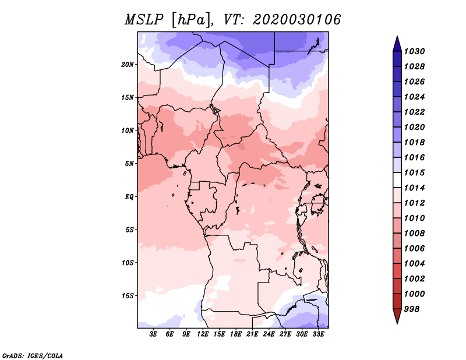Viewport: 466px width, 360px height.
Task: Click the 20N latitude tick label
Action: [128, 65]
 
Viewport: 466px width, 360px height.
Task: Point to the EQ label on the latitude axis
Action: [129, 197]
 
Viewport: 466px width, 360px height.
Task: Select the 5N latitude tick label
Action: [129, 164]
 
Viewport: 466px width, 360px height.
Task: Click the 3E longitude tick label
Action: [153, 334]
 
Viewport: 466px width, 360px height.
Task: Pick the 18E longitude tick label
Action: [236, 334]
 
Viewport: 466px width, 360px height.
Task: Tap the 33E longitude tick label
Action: [318, 334]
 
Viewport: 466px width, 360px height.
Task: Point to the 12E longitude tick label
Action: [203, 334]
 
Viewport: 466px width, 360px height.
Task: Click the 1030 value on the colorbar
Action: [414, 51]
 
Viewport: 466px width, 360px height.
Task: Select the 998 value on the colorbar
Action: [412, 309]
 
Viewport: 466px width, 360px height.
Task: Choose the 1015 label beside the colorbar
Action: [414, 172]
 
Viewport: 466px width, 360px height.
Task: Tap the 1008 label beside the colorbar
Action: [414, 234]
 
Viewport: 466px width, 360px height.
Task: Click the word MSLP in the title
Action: [144, 20]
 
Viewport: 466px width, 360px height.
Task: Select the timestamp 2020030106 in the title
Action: [296, 20]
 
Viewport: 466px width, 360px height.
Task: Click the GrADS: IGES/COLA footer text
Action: [33, 355]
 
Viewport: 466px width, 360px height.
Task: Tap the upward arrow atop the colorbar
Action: [397, 44]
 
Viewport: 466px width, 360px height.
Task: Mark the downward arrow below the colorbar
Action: [397, 316]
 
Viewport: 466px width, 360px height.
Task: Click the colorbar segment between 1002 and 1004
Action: [397, 271]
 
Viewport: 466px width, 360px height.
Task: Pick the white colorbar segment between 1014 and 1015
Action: [397, 180]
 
